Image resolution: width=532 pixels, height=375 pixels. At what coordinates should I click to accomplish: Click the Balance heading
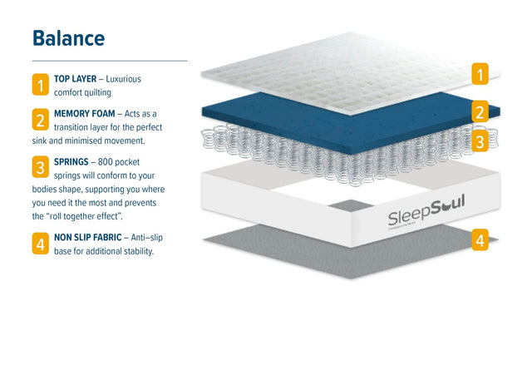pyautogui.click(x=68, y=38)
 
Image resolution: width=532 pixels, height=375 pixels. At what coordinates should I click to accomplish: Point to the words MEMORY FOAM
pyautogui.click(x=84, y=113)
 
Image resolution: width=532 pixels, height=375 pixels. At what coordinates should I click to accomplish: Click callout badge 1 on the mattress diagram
pyautogui.click(x=480, y=75)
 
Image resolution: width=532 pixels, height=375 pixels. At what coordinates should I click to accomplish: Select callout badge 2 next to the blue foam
pyautogui.click(x=480, y=111)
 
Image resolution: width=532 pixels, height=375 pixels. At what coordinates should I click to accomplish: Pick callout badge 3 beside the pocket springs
pyautogui.click(x=480, y=141)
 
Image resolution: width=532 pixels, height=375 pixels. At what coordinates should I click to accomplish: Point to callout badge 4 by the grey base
pyautogui.click(x=480, y=241)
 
